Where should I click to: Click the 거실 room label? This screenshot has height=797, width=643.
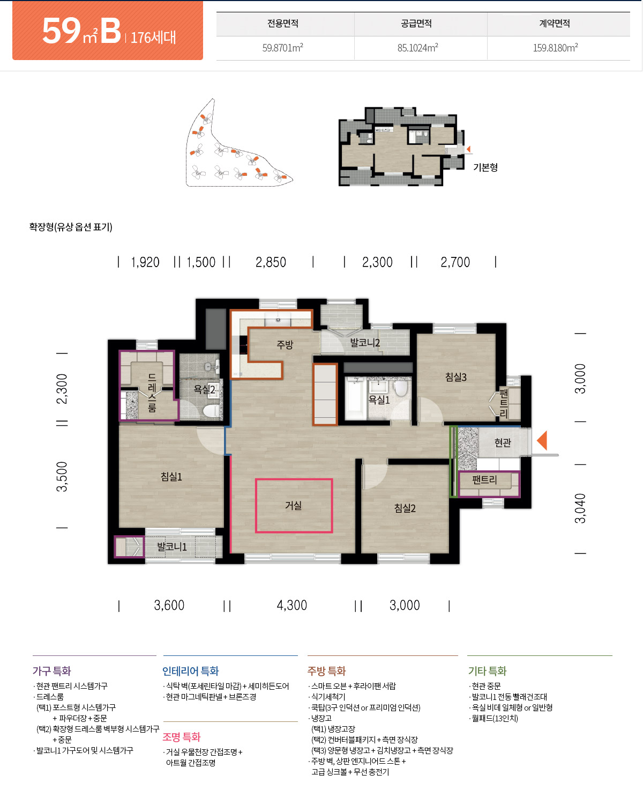(293, 506)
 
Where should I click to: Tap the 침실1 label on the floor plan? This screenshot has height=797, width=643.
(171, 476)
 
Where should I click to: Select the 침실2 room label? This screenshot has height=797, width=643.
(405, 508)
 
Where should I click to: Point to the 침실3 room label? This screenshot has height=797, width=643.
(455, 377)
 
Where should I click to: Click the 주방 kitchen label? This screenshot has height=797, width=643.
(285, 344)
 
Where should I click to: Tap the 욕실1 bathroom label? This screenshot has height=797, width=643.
(379, 400)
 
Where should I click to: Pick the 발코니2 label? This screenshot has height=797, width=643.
(365, 342)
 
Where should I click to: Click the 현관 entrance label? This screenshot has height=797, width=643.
(503, 442)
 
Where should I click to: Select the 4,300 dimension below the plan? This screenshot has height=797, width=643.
(291, 605)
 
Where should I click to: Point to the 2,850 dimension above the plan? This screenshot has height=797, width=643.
(271, 262)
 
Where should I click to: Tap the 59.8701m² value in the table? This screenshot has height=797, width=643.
(282, 48)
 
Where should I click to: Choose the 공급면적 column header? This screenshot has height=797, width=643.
(416, 24)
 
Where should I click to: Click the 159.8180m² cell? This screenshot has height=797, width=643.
(556, 48)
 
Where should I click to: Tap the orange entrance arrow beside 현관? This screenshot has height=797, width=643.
(542, 440)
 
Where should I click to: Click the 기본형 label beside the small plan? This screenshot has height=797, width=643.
(485, 167)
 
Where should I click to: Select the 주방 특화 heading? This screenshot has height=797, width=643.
(326, 671)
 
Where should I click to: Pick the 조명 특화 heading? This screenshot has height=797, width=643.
(182, 737)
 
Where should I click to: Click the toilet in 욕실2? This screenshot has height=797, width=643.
(212, 410)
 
